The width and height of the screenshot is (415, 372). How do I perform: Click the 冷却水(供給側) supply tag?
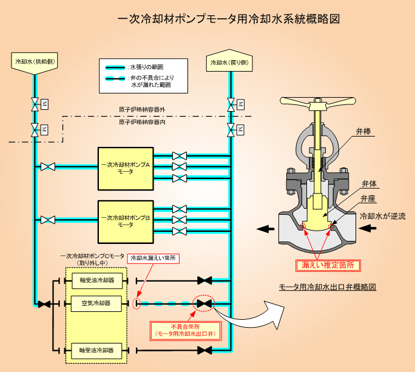click(x=35, y=63)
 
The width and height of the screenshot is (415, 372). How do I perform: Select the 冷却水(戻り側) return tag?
click(x=229, y=61)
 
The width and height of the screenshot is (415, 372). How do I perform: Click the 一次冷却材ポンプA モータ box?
click(x=126, y=169)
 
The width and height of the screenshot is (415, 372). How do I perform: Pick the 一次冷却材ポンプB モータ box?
click(x=126, y=222)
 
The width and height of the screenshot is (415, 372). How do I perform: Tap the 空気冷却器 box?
click(x=96, y=303)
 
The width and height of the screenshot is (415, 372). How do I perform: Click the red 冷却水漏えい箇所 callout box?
click(x=154, y=258)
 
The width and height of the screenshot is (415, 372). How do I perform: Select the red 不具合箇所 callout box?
click(x=186, y=331)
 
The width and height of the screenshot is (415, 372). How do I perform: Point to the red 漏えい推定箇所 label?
click(x=328, y=265)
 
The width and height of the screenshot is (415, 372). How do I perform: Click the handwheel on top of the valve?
click(x=317, y=103)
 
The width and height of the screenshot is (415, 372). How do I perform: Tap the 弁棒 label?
click(x=363, y=131)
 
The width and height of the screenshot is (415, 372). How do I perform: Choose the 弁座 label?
click(x=368, y=198)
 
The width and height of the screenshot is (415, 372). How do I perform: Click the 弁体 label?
click(x=369, y=184)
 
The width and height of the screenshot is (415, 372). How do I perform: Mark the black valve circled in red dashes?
click(x=204, y=303)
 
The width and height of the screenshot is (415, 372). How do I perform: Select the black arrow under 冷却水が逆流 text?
click(x=367, y=228)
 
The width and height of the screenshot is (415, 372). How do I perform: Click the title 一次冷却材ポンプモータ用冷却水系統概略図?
click(x=229, y=19)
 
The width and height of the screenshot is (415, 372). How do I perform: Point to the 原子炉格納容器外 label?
click(x=142, y=110)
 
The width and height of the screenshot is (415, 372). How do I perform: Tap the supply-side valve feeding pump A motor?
click(x=48, y=167)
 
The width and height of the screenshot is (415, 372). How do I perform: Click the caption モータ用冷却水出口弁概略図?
click(x=328, y=287)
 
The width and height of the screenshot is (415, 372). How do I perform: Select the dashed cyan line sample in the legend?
click(x=115, y=78)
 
